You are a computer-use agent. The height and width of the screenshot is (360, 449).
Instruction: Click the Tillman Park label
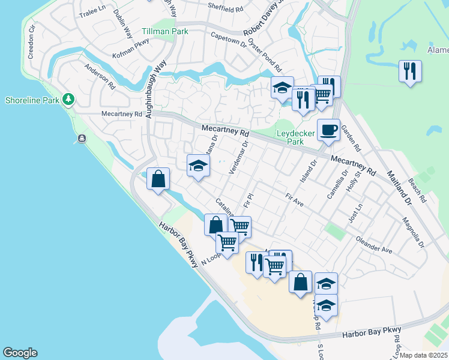tap(165, 32)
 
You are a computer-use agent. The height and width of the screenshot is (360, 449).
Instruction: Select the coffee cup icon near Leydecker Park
tap(328, 130)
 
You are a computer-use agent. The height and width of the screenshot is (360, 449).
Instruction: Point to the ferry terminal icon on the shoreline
tap(81, 140)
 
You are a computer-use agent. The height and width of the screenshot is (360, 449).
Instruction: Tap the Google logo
tap(20, 353)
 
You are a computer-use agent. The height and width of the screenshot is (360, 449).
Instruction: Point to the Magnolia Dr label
tap(414, 235)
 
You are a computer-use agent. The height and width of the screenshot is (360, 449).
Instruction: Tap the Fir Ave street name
tap(294, 200)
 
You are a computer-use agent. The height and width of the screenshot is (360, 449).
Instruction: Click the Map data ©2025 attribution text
tap(424, 355)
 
